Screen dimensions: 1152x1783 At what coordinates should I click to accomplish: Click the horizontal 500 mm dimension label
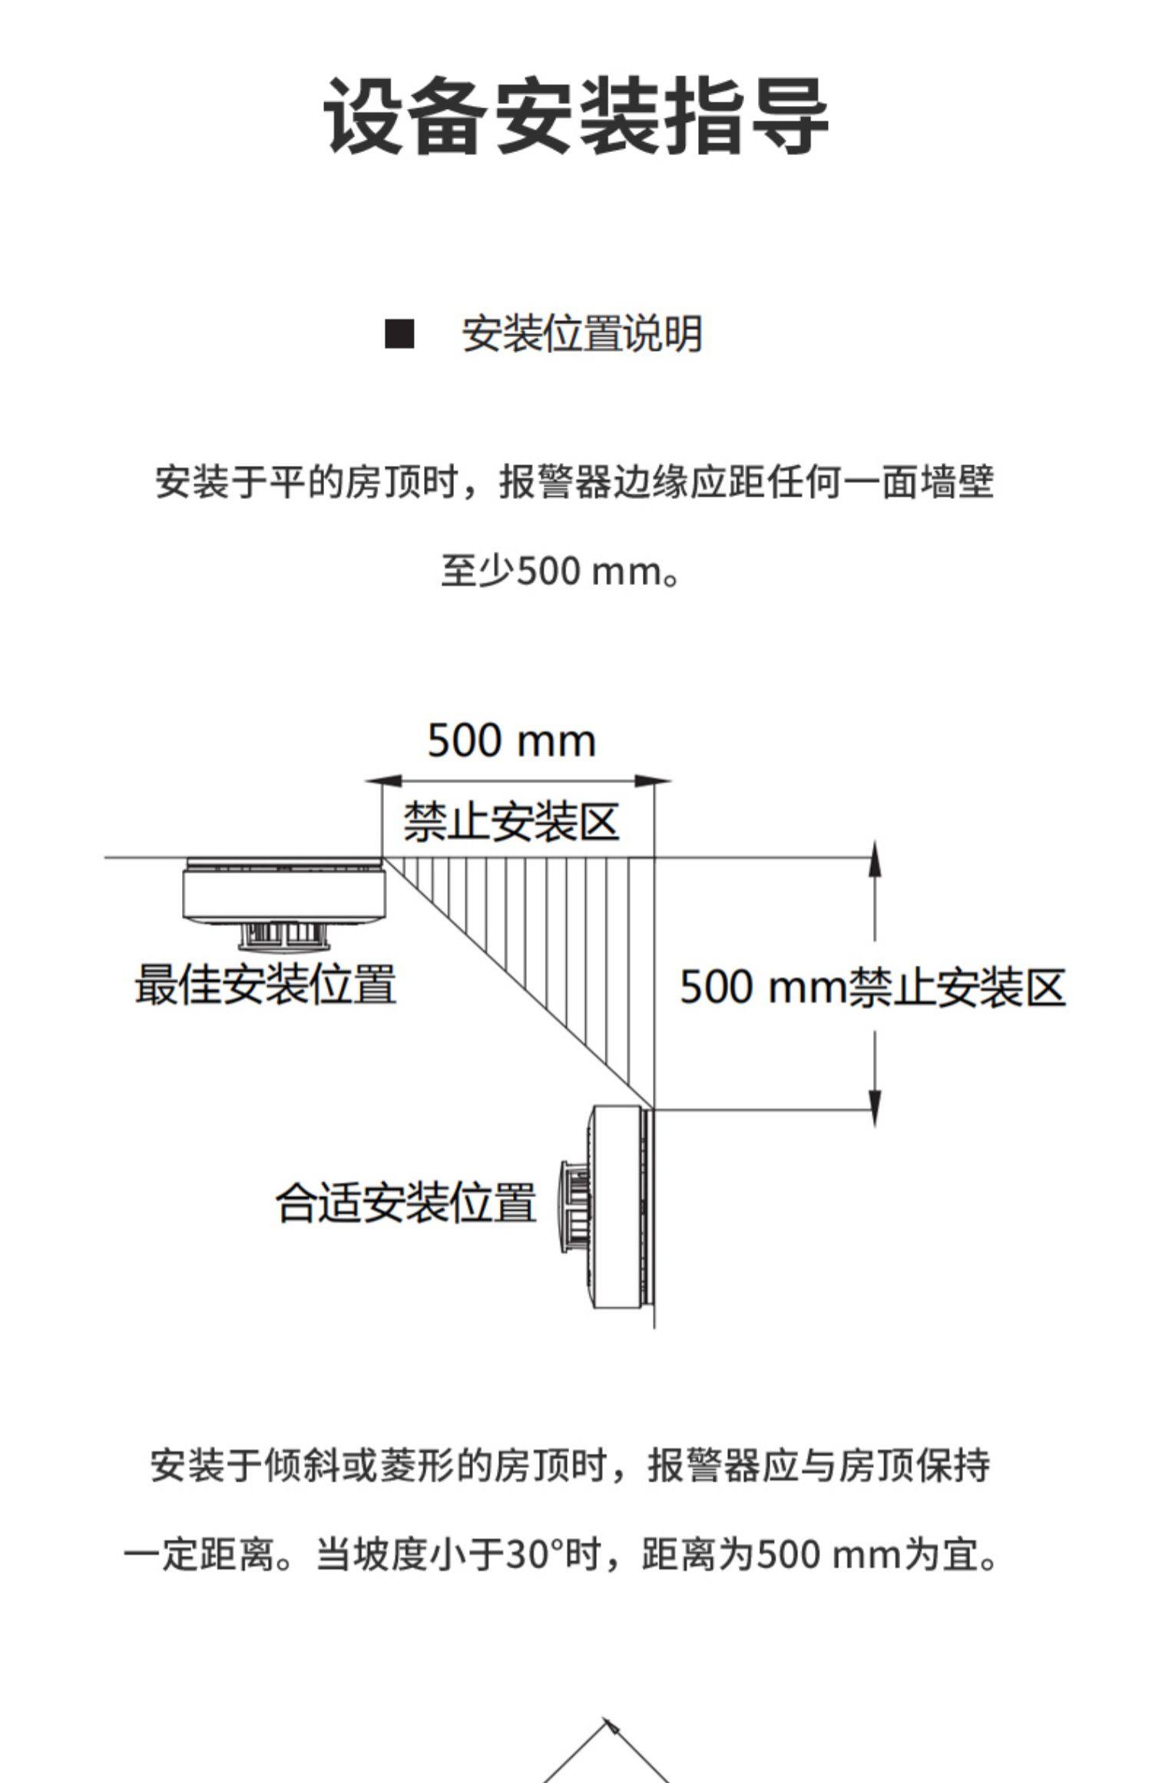point(511,741)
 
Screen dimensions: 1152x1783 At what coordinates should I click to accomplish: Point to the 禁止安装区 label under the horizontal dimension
point(511,822)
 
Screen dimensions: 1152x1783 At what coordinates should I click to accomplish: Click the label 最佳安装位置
point(266,984)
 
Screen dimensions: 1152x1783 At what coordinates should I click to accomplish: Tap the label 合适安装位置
point(406,1202)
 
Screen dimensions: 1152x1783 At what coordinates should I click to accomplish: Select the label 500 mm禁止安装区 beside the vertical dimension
point(872,987)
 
